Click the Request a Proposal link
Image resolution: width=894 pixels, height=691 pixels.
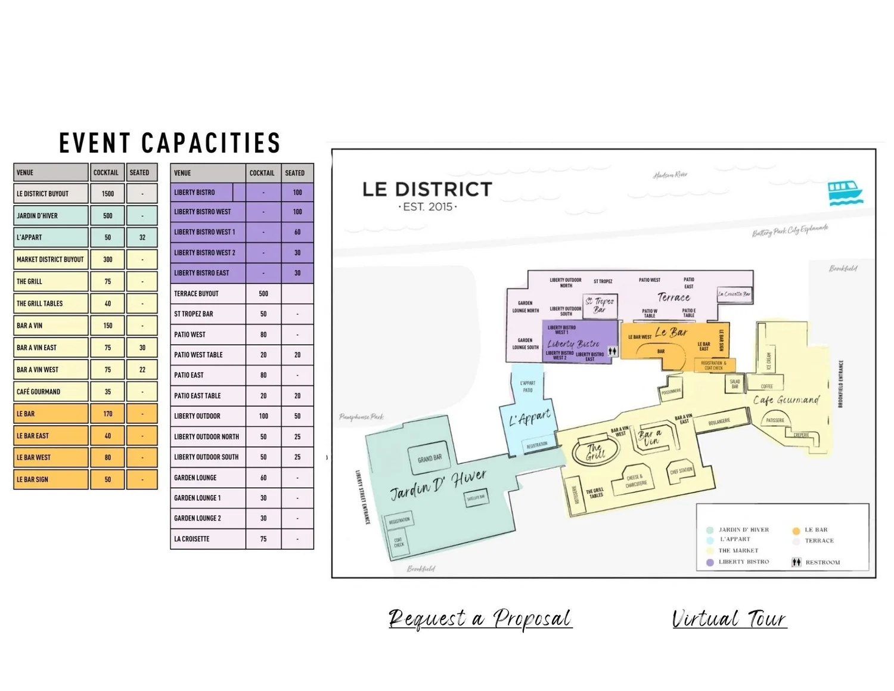tap(480, 618)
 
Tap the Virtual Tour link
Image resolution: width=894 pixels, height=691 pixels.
tap(729, 618)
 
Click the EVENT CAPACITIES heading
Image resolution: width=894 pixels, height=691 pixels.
tap(170, 143)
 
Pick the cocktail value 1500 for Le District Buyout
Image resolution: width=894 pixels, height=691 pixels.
tap(108, 194)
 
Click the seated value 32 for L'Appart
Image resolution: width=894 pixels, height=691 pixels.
tap(142, 237)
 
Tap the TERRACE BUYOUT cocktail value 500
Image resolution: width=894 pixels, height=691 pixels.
tap(263, 293)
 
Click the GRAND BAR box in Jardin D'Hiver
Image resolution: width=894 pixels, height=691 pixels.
tap(430, 458)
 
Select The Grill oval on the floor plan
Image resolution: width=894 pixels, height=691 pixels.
tap(594, 451)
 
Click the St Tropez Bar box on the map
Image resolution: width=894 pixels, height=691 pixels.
tap(600, 305)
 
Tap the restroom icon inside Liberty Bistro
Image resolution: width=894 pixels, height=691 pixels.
tap(612, 351)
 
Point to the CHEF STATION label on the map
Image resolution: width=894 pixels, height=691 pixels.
tap(681, 471)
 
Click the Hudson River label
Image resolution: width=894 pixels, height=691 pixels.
tap(670, 175)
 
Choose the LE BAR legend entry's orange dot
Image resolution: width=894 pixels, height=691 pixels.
tap(796, 530)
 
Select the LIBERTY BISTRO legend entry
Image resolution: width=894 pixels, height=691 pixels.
tap(743, 562)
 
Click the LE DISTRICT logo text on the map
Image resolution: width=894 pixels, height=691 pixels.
tap(427, 190)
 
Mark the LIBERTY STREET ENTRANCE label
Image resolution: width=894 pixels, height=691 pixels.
tap(363, 497)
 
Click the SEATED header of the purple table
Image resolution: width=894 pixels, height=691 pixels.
tap(295, 173)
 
